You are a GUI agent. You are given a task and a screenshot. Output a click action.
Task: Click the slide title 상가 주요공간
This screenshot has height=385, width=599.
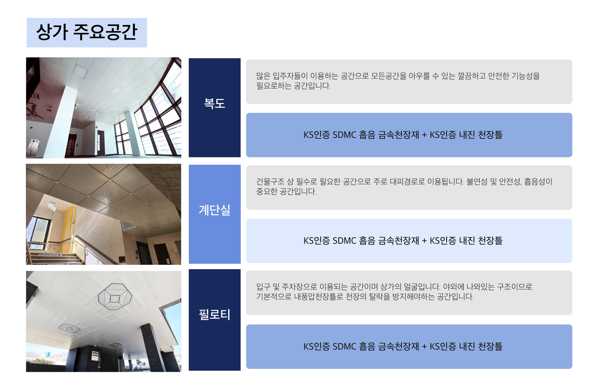click(87, 32)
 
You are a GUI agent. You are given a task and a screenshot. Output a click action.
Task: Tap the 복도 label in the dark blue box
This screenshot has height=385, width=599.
click(214, 103)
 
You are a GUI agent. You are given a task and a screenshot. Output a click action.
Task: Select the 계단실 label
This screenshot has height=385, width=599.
click(214, 210)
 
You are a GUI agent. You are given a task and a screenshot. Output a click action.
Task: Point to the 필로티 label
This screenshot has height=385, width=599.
click(214, 314)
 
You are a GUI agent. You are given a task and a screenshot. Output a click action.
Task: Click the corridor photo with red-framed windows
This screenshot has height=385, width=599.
click(104, 108)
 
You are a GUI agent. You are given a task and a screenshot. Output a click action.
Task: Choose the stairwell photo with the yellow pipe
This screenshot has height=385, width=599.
click(104, 214)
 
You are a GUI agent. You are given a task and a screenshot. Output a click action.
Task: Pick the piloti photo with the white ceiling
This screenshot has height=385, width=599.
click(104, 321)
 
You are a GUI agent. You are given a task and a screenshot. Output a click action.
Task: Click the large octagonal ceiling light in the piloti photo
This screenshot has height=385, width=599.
click(115, 296)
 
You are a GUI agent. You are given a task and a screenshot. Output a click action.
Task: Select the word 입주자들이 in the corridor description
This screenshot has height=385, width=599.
click(290, 76)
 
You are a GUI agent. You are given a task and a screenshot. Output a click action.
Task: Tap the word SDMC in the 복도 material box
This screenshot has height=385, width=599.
click(344, 135)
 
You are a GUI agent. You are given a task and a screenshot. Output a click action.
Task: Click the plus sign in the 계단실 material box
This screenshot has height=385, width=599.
click(424, 241)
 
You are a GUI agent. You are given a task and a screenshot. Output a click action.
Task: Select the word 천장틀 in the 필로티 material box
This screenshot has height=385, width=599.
click(490, 347)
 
